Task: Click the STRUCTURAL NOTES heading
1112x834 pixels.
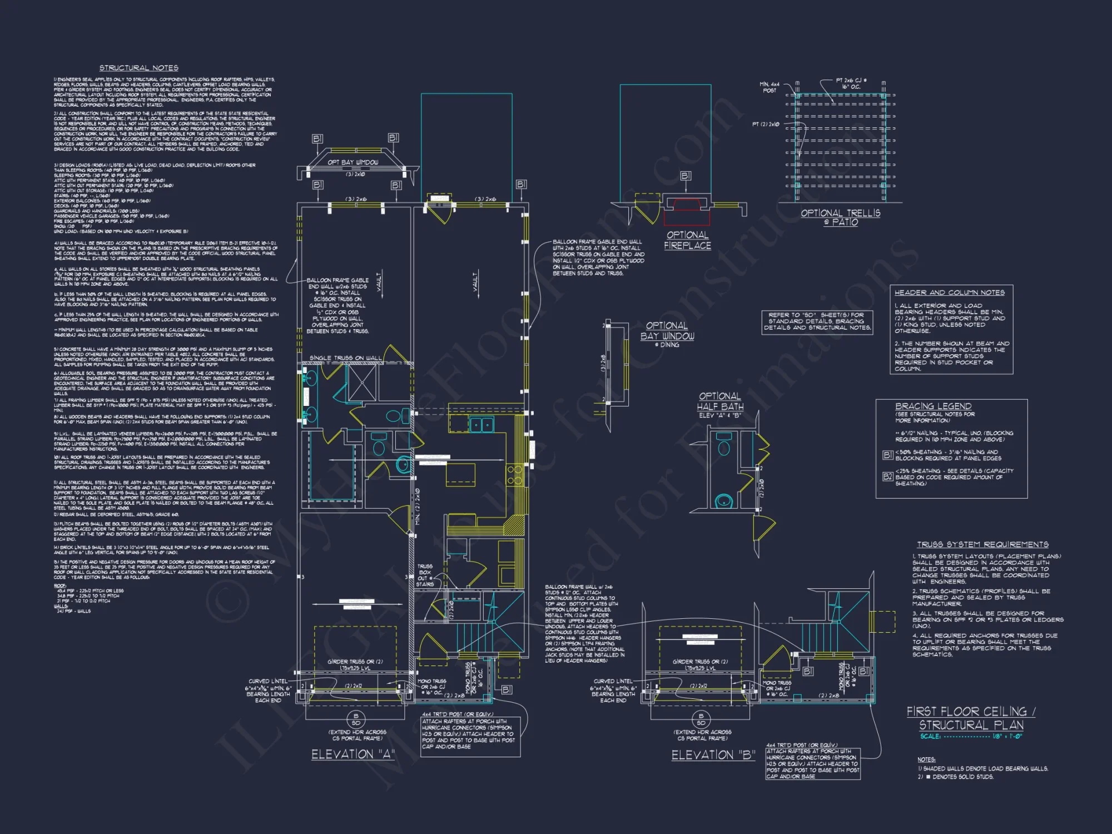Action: [139, 68]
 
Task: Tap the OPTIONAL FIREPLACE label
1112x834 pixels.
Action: [687, 240]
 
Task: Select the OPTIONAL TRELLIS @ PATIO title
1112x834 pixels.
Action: [840, 217]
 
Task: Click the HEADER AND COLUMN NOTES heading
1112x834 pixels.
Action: [949, 292]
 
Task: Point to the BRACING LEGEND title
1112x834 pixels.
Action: [933, 406]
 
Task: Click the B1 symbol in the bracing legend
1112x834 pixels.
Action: [887, 455]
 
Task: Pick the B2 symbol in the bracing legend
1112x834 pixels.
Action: [887, 476]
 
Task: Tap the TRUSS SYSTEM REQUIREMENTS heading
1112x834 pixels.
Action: [982, 544]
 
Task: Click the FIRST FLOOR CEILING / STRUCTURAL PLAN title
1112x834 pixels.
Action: [971, 718]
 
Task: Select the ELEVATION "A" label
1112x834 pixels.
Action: [353, 754]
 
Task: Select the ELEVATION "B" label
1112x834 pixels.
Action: [713, 755]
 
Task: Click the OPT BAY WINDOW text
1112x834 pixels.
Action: [353, 162]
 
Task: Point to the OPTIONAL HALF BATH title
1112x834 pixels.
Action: [720, 401]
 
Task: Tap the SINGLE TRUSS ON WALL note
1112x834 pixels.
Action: [345, 358]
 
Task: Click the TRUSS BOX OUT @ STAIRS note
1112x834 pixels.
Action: [425, 575]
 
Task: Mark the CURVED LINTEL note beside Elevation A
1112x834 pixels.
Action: [268, 691]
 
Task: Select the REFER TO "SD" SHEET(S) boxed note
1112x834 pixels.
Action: [817, 321]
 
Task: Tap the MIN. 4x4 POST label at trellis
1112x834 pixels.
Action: [770, 87]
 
